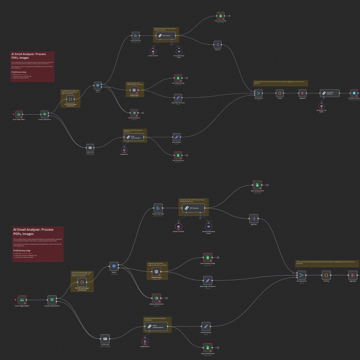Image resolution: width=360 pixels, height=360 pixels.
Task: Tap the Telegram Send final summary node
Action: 354,93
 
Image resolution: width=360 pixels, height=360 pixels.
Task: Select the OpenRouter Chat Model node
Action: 321,106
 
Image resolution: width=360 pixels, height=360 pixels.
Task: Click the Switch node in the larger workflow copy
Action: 114,266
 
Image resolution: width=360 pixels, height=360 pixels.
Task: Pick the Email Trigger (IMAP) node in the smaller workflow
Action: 19,114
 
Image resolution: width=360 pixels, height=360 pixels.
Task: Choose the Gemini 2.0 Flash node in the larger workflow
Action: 178,226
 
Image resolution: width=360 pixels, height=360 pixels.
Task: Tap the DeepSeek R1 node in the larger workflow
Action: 145,341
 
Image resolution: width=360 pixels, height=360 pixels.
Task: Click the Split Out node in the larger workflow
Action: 254,218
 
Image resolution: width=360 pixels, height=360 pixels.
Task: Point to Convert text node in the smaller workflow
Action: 90,147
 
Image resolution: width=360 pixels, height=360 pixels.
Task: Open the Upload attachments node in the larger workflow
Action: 156,298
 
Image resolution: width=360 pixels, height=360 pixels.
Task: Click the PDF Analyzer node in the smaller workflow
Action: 166,35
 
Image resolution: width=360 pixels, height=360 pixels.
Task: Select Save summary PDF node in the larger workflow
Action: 257,185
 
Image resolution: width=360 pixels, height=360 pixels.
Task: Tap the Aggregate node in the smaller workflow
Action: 302,93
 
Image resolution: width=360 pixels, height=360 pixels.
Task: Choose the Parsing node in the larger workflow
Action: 326,275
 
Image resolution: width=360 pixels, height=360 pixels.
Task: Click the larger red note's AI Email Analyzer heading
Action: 33,232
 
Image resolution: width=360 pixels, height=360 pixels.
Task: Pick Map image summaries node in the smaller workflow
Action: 178,98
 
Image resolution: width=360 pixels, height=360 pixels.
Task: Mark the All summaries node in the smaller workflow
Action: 258,93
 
